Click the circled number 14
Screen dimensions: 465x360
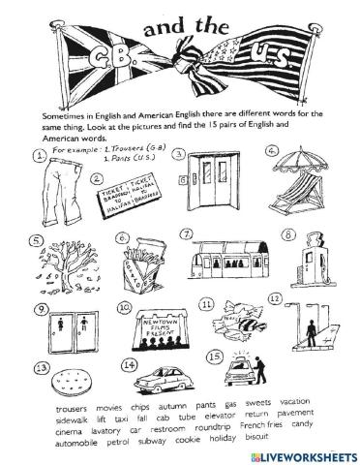[130, 364]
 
